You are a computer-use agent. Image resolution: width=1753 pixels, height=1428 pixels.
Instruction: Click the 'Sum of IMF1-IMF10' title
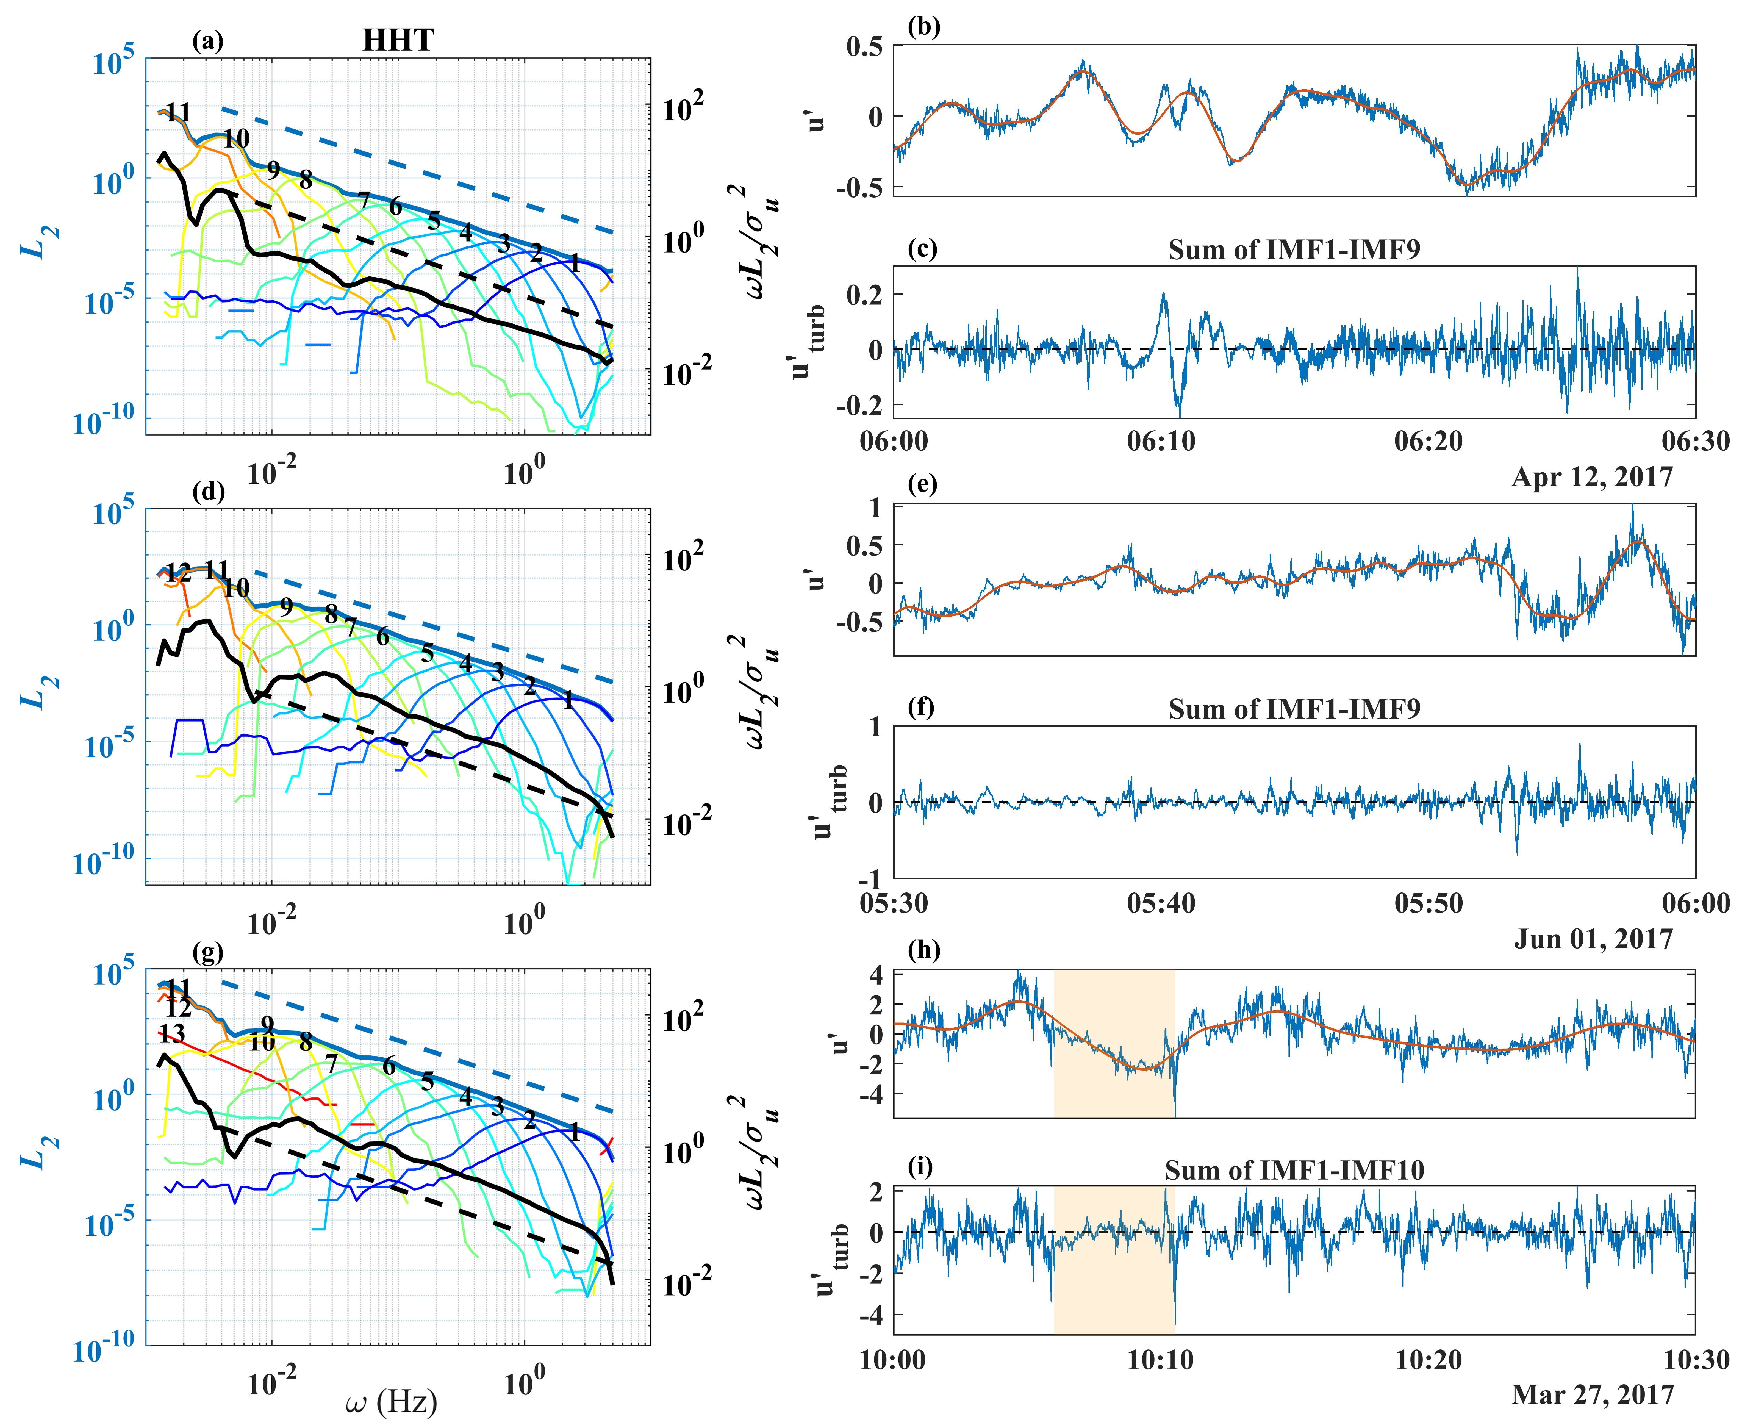click(1294, 1170)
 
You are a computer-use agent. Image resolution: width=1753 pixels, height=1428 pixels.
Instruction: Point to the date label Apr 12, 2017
click(1592, 477)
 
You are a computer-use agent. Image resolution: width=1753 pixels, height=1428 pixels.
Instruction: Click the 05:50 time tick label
click(1429, 903)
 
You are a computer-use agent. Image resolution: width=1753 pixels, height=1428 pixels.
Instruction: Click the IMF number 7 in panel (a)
click(363, 198)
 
